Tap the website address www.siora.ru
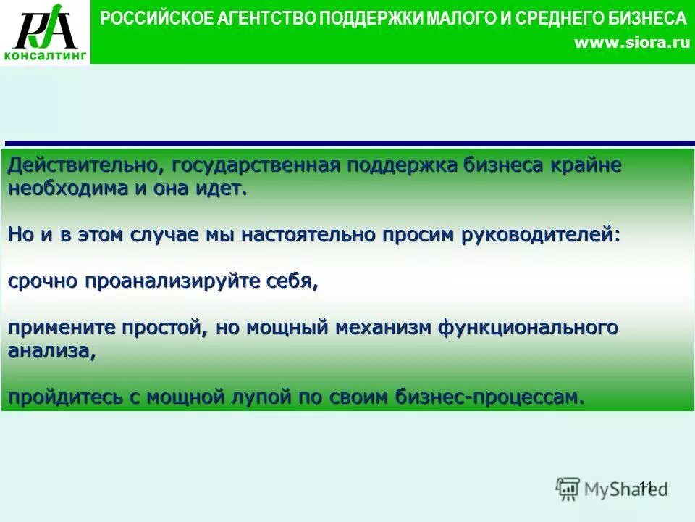(631, 43)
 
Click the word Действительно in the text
(85, 165)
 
